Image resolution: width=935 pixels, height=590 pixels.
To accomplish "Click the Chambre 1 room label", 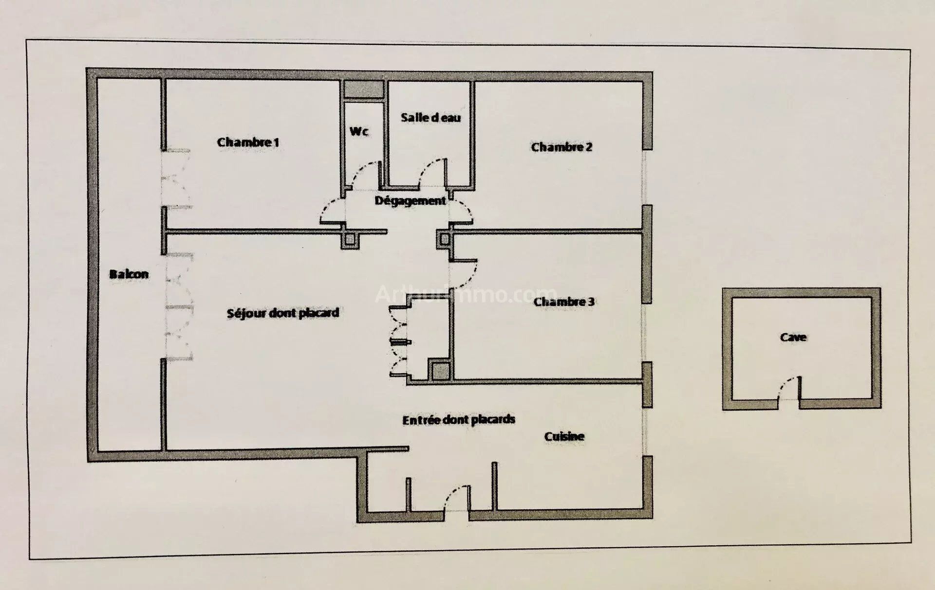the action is click(x=248, y=142).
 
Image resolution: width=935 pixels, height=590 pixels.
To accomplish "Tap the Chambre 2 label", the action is click(x=561, y=147).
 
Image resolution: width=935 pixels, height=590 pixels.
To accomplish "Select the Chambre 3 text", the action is click(x=564, y=302).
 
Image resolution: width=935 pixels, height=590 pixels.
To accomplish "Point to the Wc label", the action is click(x=359, y=131).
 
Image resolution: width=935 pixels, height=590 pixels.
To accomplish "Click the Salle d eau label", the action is click(x=430, y=117).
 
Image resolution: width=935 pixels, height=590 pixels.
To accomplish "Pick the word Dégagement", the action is click(x=410, y=200).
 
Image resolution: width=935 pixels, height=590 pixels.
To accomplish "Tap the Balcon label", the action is click(x=129, y=274).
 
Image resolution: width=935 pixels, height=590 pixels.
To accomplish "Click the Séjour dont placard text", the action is click(x=283, y=313).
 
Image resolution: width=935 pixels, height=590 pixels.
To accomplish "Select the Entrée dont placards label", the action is click(x=459, y=419).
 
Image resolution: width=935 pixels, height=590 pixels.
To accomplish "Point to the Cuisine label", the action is click(x=564, y=436).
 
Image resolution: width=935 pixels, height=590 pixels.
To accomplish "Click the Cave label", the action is click(x=793, y=337).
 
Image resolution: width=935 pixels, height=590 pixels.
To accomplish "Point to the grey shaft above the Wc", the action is click(x=364, y=90).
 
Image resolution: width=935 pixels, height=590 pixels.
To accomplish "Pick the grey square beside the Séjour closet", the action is click(x=441, y=371).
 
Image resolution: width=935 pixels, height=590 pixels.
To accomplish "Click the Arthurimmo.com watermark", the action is click(x=465, y=294).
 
